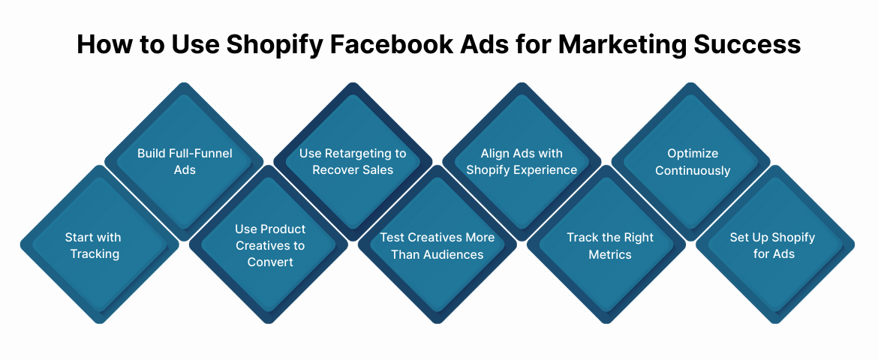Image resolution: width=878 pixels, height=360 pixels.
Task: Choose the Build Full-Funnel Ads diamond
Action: click(x=185, y=161)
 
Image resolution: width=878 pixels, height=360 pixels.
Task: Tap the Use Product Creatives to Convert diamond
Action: click(x=269, y=245)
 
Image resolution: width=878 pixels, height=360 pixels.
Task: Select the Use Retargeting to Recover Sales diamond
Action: click(x=353, y=161)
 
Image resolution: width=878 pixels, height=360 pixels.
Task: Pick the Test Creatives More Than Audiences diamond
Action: click(x=437, y=245)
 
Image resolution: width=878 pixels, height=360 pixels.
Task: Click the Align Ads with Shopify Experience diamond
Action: click(x=522, y=161)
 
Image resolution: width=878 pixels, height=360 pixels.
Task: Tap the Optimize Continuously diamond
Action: click(x=692, y=161)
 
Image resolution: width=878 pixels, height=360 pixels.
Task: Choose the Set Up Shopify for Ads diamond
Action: click(x=775, y=245)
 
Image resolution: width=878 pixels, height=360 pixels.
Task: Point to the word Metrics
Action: click(x=610, y=254)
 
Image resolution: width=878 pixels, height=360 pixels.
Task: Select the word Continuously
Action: click(x=693, y=170)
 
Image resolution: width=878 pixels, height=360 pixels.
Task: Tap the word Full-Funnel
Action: click(x=200, y=153)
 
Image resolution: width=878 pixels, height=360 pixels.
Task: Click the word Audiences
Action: click(x=453, y=254)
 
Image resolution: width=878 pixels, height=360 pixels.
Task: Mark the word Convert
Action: click(x=270, y=262)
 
